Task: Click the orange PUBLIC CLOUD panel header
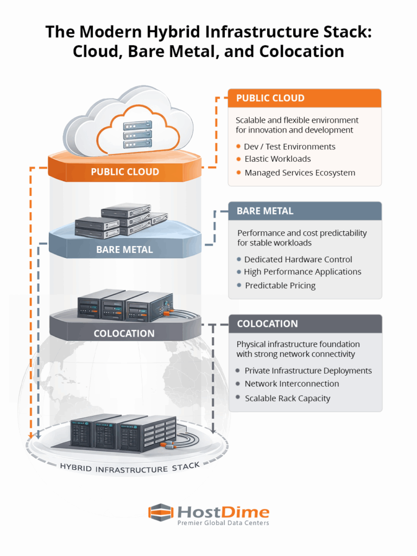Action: tap(304, 98)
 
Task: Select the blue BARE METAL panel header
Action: tap(305, 211)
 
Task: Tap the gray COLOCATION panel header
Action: tap(305, 324)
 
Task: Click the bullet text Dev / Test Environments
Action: tap(289, 147)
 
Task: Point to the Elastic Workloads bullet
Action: tap(277, 159)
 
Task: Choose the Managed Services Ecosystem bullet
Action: tap(300, 173)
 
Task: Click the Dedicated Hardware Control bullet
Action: tap(298, 260)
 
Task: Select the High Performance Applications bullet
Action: tap(302, 271)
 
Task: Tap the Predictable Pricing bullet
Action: tap(280, 285)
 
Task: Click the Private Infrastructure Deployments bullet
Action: tap(308, 371)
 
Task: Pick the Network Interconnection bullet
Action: tap(292, 383)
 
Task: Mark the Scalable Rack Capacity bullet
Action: tap(287, 398)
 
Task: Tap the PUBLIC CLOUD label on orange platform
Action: tap(125, 172)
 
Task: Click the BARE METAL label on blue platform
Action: tap(124, 250)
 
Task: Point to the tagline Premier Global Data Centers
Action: tap(223, 523)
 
